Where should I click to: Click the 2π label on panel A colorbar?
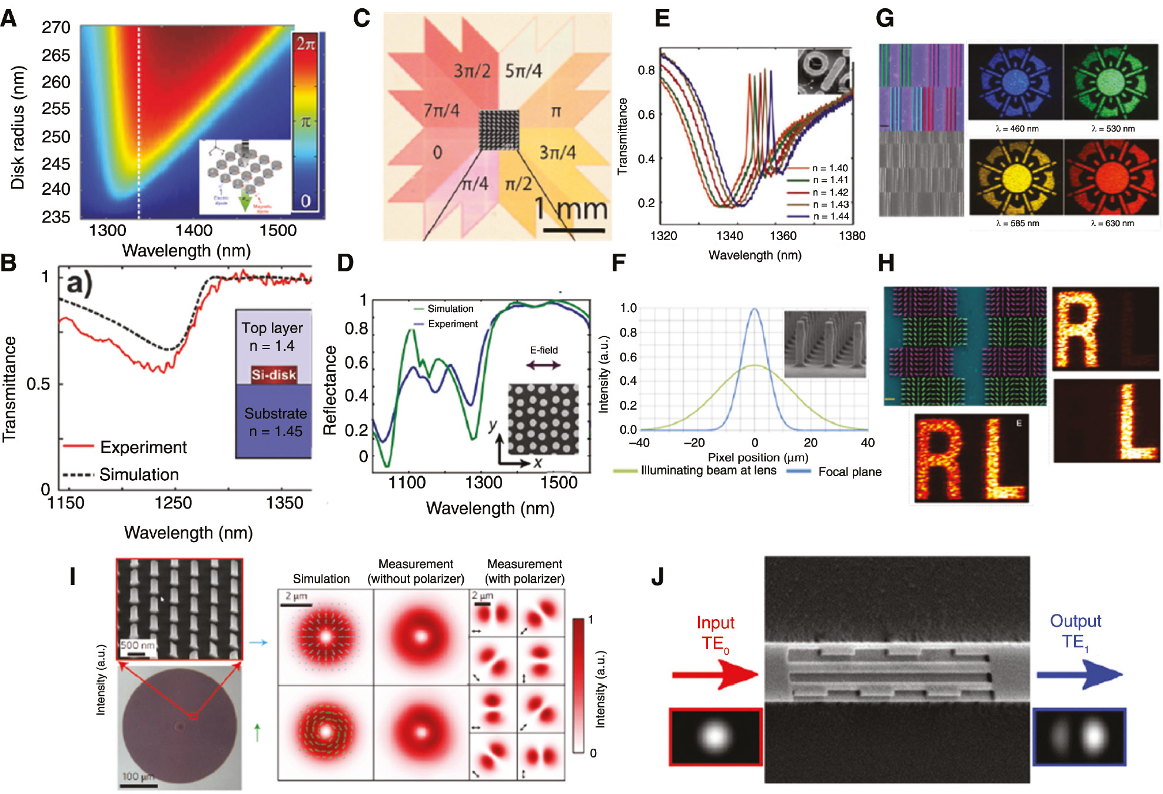305,44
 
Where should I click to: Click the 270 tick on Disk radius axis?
56,28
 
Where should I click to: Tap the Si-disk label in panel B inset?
274,375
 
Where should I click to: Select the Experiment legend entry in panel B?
143,447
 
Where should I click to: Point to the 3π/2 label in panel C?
472,71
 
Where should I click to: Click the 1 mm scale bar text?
570,210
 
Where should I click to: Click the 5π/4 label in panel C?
523,71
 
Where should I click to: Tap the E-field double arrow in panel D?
543,365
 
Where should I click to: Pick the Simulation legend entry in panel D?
450,308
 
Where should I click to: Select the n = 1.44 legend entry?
830,217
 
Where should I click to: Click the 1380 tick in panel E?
852,236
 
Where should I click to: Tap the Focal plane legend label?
849,472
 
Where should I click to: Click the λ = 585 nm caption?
1017,224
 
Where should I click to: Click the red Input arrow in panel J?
715,675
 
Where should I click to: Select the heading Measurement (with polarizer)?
524,571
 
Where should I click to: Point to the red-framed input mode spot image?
715,737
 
